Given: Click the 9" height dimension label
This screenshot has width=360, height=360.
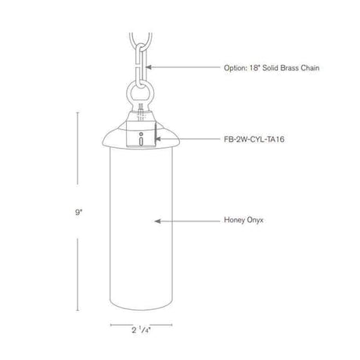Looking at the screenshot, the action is pyautogui.click(x=79, y=212).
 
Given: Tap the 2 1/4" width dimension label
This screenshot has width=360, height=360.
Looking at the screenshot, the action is pyautogui.click(x=141, y=330).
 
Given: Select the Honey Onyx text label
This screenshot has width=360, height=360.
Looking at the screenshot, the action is pyautogui.click(x=243, y=220).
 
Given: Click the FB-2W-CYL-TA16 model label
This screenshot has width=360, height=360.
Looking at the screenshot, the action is pyautogui.click(x=254, y=139).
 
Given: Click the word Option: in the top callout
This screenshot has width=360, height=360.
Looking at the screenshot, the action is pyautogui.click(x=235, y=68).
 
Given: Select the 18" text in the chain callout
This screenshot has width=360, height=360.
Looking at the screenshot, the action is pyautogui.click(x=254, y=68).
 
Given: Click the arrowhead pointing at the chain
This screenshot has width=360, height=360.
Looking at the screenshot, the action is pyautogui.click(x=149, y=67).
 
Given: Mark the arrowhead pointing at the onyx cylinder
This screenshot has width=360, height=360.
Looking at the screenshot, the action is pyautogui.click(x=157, y=221).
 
